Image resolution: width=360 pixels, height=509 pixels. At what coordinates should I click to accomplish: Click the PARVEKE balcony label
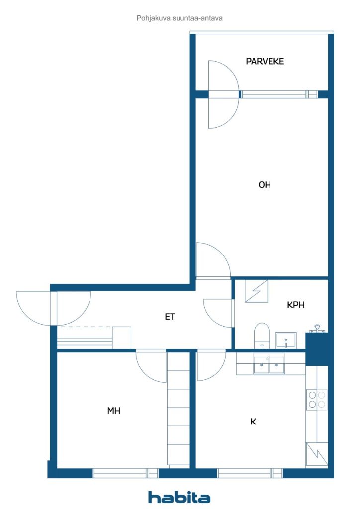pyautogui.click(x=265, y=61)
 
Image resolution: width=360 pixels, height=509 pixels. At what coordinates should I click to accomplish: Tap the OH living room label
pyautogui.click(x=265, y=185)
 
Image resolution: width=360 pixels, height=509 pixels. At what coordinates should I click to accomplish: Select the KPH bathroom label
pyautogui.click(x=296, y=305)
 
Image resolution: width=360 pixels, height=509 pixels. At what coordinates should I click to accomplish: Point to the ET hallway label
pyautogui.click(x=170, y=317)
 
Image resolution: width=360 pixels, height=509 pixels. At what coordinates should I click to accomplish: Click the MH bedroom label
pyautogui.click(x=113, y=410)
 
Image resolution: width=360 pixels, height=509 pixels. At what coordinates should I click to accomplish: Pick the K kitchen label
pyautogui.click(x=253, y=422)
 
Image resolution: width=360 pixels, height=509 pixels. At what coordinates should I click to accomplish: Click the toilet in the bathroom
pyautogui.click(x=262, y=336)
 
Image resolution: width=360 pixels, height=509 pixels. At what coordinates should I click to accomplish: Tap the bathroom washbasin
pyautogui.click(x=285, y=340)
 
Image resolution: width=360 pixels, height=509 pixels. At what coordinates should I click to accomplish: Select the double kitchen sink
pyautogui.click(x=269, y=365)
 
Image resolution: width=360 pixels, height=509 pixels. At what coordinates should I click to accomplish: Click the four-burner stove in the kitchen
pyautogui.click(x=317, y=399)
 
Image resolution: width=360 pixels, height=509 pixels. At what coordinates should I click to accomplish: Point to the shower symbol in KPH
pyautogui.click(x=256, y=291)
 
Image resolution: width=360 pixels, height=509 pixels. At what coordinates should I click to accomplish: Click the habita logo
pyautogui.click(x=179, y=497)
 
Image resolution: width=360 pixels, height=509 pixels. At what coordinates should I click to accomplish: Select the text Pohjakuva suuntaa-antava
pyautogui.click(x=180, y=18)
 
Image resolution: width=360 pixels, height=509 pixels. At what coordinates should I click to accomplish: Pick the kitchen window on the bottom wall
pyautogui.click(x=250, y=473)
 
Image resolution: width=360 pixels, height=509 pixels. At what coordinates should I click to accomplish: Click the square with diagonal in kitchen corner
pyautogui.click(x=317, y=454)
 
